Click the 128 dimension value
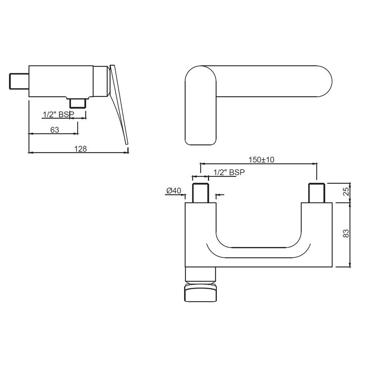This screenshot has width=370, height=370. [x=80, y=148]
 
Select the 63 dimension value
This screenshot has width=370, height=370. [x=54, y=129]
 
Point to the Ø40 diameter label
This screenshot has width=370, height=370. [x=174, y=191]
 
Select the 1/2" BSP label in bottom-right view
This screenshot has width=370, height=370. [x=229, y=172]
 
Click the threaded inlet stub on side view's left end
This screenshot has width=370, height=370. [x=19, y=81]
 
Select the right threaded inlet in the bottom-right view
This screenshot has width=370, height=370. [x=317, y=193]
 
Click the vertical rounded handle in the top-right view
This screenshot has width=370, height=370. [x=200, y=105]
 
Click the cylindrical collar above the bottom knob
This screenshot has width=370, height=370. [x=200, y=275]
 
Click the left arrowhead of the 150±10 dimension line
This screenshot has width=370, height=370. [x=202, y=163]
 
